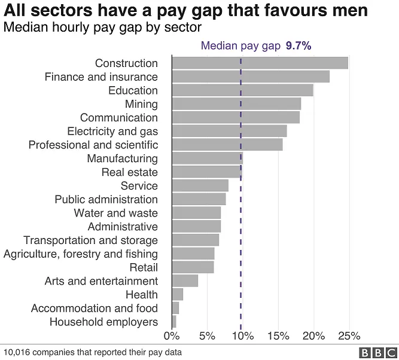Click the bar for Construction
coord(260,63)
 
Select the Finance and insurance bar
coord(251,77)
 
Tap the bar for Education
coord(242,90)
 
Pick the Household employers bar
coord(174,322)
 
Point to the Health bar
coord(177,294)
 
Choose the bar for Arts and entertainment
coord(185,280)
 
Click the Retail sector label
coord(144,267)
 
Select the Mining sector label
coord(141,104)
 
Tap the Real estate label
coord(130,172)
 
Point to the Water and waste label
coord(116,213)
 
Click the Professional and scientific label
coord(93,145)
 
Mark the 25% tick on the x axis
coord(349,335)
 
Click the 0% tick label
coord(172,335)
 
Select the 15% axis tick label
coord(278,335)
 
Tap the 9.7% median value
coord(299,45)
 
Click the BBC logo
coord(378,352)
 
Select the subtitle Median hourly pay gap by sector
coord(102,28)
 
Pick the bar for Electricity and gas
coord(229,131)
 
